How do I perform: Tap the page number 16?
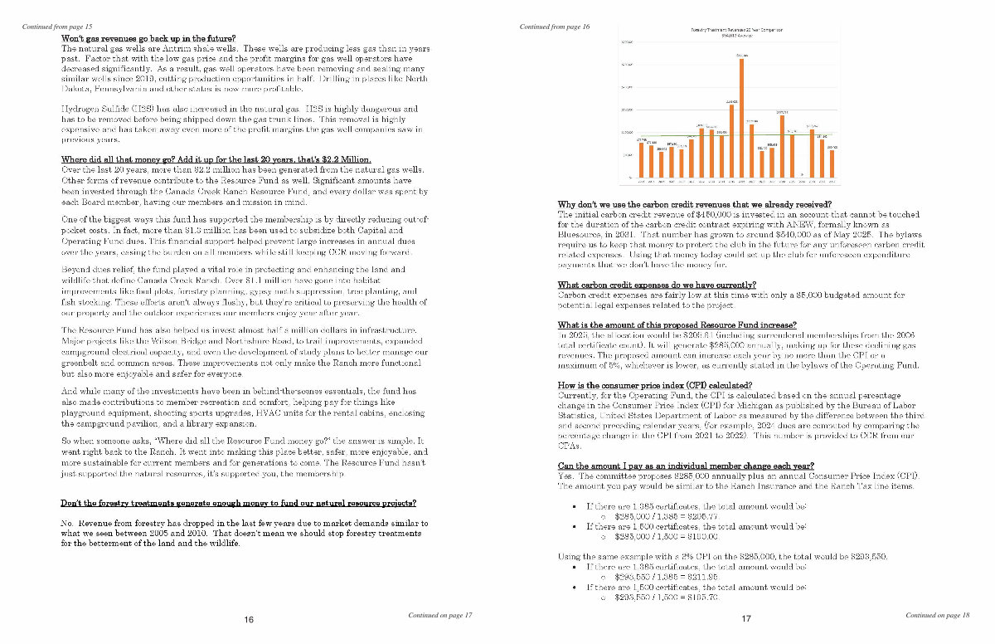pos(249,620)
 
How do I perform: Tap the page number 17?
pos(746,620)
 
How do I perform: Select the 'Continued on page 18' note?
pos(937,615)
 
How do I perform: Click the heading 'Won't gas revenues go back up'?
pos(148,38)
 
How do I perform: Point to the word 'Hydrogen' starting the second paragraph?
pos(81,110)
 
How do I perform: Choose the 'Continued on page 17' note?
pos(440,615)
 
